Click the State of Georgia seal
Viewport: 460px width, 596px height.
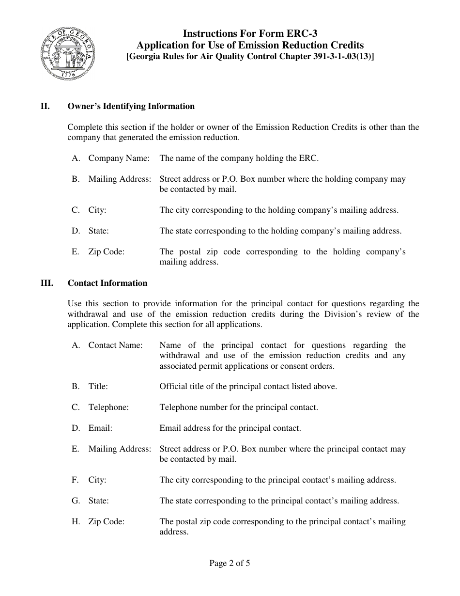pos(67,54)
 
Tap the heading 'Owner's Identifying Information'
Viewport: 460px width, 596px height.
pos(131,106)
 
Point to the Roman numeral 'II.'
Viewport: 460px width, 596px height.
pos(45,106)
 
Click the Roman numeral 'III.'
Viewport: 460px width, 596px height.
pos(47,283)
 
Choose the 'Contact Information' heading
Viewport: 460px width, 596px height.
pos(107,283)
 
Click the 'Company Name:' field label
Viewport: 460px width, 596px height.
pos(119,158)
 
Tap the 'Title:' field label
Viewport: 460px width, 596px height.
pos(98,386)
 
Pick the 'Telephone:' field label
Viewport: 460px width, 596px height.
pos(108,407)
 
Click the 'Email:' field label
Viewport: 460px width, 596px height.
pos(100,428)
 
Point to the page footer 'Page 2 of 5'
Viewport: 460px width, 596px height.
pos(230,563)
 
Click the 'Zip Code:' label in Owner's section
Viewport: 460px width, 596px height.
pos(106,251)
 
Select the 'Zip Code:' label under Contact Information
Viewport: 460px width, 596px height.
pos(106,521)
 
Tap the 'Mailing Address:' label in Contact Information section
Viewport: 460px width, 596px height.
pos(120,449)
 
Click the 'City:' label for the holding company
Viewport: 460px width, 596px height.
pos(97,210)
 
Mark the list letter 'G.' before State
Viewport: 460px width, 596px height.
pos(76,501)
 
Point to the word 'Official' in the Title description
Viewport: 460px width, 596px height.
pos(173,386)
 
